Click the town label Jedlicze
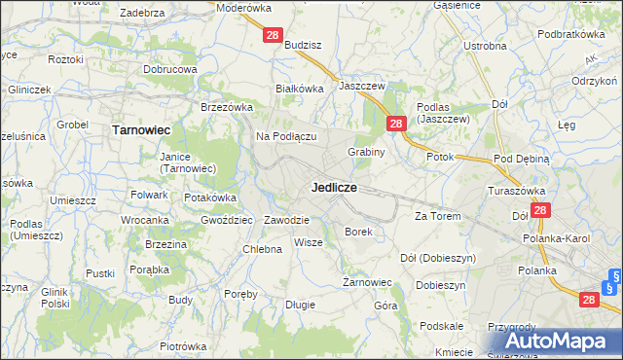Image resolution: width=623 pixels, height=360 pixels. pyautogui.click(x=333, y=186)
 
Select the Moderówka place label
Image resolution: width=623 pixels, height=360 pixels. pyautogui.click(x=244, y=7)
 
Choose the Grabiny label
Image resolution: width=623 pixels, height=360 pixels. pyautogui.click(x=367, y=152)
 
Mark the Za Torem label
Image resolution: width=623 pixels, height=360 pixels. pyautogui.click(x=436, y=216)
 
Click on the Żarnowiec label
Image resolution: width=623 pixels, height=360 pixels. pyautogui.click(x=367, y=282)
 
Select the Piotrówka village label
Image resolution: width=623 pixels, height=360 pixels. pyautogui.click(x=184, y=345)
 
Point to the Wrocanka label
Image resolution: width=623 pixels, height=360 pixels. pyautogui.click(x=146, y=220)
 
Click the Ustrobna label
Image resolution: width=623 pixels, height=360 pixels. pyautogui.click(x=485, y=46)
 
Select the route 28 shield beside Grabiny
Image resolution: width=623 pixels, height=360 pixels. pyautogui.click(x=395, y=124)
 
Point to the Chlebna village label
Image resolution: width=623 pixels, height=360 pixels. pyautogui.click(x=262, y=248)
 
